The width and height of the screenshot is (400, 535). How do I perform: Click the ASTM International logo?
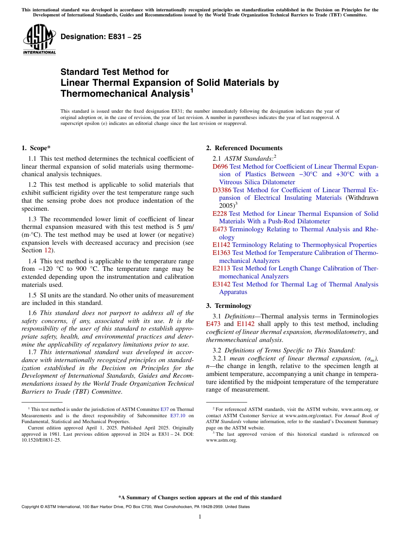pos(39,40)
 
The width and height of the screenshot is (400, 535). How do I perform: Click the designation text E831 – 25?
pos(101,37)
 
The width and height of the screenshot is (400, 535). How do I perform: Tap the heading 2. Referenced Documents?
pos(244,148)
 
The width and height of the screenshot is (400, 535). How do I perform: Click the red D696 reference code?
pos(220,167)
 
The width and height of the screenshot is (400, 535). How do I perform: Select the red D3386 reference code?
pos(222,190)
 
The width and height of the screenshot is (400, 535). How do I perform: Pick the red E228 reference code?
pos(220,214)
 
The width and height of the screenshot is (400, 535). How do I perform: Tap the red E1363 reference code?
pos(221,253)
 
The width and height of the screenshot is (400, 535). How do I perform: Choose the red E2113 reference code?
pos(221,268)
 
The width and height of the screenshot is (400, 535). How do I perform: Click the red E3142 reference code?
pos(221,284)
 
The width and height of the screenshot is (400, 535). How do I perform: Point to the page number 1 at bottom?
pos(200,517)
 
